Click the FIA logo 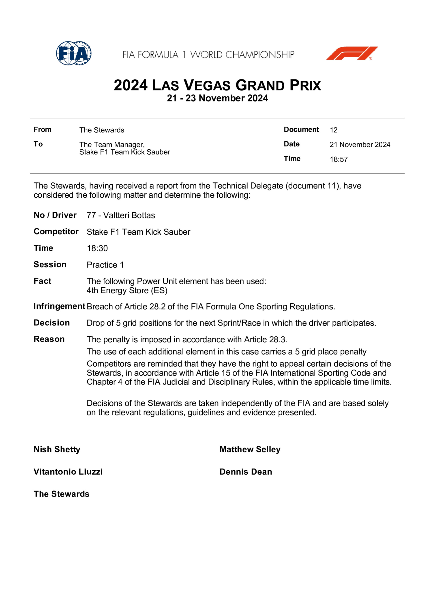click(x=73, y=53)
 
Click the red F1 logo click(x=352, y=53)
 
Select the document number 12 click(x=333, y=130)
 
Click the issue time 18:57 click(x=339, y=159)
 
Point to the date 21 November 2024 click(x=360, y=145)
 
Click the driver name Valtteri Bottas click(x=129, y=215)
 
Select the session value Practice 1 click(x=105, y=265)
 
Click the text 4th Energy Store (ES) click(x=127, y=291)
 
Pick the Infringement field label click(x=59, y=306)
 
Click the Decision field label click(x=52, y=323)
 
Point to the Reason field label click(x=49, y=339)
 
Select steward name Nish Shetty click(x=57, y=449)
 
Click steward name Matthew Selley click(x=250, y=449)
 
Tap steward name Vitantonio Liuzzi click(x=68, y=472)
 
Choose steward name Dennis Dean click(x=246, y=472)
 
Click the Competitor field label click(x=56, y=231)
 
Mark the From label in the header click(x=42, y=130)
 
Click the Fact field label click(x=42, y=281)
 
